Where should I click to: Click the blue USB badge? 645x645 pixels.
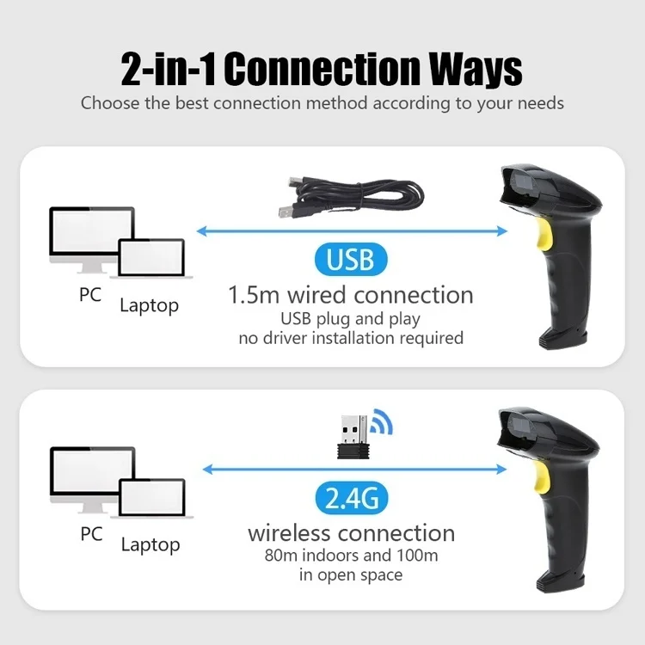[351, 260]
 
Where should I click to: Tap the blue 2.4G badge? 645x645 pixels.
[352, 498]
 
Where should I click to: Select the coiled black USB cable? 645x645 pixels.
[351, 197]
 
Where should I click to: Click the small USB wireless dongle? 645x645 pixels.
[353, 437]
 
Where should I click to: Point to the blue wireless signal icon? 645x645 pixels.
[382, 421]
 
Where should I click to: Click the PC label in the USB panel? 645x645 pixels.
[90, 294]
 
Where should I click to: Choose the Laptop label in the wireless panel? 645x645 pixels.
[150, 545]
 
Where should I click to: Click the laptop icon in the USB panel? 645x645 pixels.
[151, 258]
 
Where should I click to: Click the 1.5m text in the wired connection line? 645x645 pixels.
[254, 295]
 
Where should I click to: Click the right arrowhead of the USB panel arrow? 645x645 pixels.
[502, 231]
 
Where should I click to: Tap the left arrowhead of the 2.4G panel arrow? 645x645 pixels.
[208, 469]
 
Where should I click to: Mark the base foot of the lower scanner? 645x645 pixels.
[561, 583]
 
